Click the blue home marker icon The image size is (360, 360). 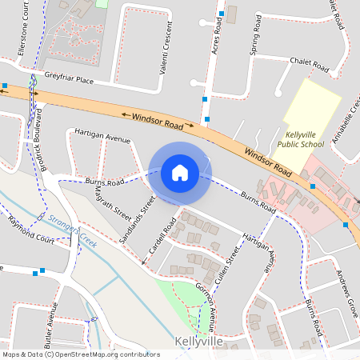click(x=180, y=172)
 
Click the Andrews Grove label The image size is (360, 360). click(x=345, y=293)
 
